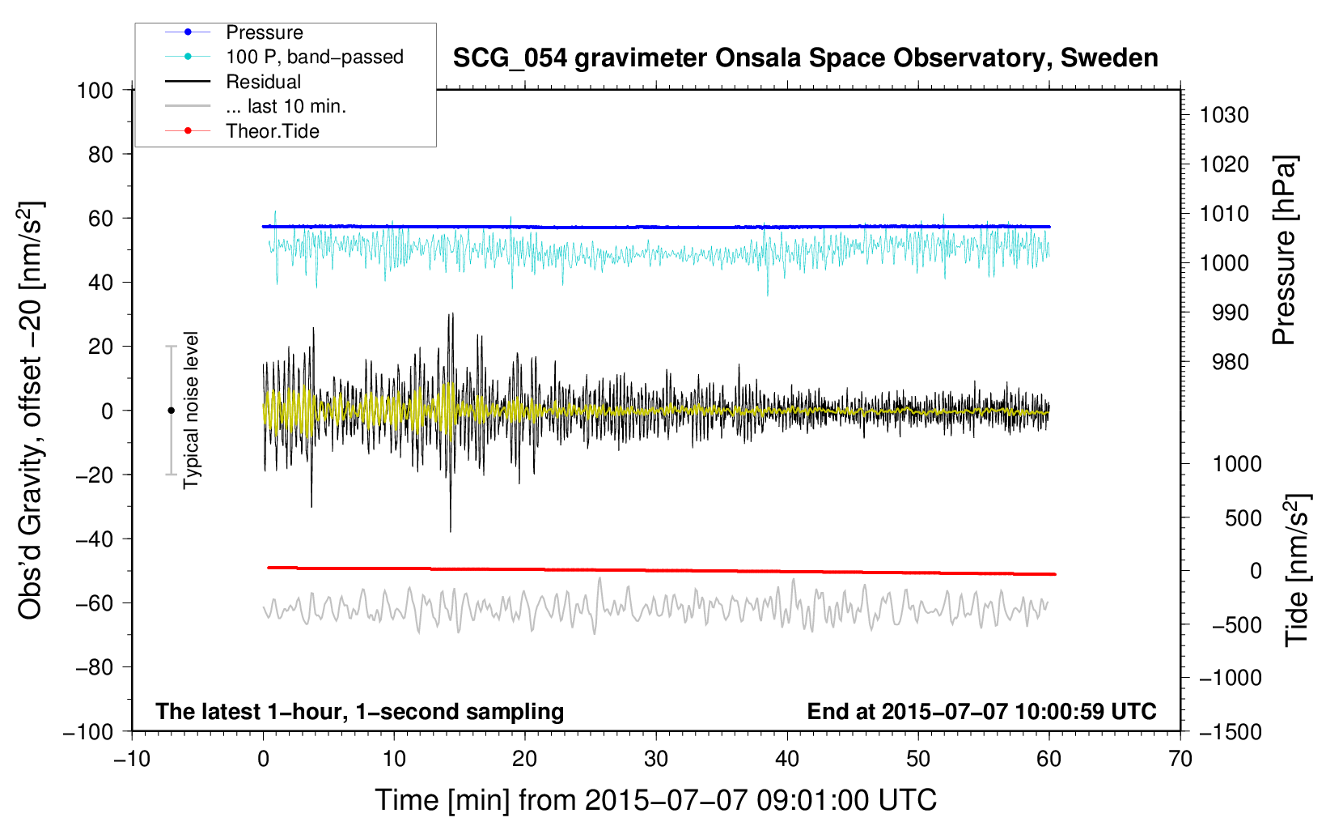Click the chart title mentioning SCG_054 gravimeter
[805, 58]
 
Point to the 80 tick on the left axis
[100, 155]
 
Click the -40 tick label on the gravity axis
[95, 539]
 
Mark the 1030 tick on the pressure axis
[1224, 115]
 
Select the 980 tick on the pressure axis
[1231, 362]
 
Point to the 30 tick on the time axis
[656, 760]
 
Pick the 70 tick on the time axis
[1180, 760]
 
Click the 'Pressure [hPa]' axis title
[1285, 250]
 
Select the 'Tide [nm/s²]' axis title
[1298, 570]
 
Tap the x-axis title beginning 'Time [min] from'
[655, 800]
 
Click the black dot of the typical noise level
[171, 411]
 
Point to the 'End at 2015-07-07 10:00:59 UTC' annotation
[981, 711]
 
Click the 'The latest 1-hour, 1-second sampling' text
[360, 712]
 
